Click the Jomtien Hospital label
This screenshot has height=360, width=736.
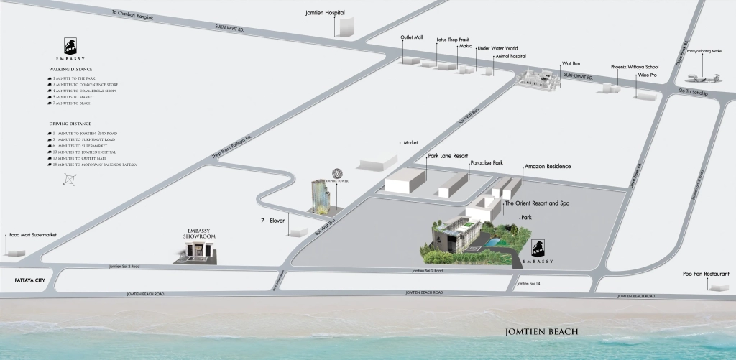(325, 13)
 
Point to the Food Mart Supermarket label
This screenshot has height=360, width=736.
(32, 235)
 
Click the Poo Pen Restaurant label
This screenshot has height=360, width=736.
(706, 274)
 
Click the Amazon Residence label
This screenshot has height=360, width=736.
(548, 167)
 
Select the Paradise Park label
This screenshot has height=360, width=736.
(487, 163)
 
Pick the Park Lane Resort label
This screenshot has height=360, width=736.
(448, 155)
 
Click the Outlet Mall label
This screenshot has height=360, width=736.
(412, 36)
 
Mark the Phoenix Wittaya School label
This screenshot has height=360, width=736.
(635, 66)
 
